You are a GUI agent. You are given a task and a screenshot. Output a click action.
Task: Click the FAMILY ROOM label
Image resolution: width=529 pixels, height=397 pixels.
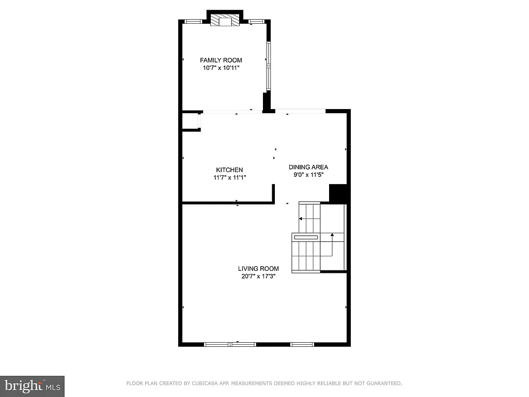click(x=221, y=60)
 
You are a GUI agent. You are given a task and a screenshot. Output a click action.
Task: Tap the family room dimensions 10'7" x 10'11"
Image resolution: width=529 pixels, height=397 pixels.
click(x=221, y=68)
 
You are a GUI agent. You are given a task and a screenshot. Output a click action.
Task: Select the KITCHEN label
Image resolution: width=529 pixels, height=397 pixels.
click(x=229, y=170)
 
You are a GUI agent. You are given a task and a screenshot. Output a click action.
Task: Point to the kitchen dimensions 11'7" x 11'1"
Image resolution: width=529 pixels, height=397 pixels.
click(x=229, y=177)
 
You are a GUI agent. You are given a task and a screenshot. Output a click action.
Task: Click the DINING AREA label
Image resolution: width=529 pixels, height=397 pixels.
click(x=308, y=167)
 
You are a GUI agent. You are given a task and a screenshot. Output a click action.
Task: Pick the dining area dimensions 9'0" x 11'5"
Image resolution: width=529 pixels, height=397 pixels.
click(x=308, y=175)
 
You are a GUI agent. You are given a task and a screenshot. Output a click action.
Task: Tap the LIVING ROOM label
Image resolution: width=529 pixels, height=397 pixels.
click(x=258, y=269)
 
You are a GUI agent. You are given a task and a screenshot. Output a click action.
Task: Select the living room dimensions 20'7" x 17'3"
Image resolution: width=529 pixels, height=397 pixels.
click(x=258, y=276)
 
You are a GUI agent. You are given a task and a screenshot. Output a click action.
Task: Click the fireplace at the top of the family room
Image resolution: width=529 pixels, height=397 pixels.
click(x=225, y=20)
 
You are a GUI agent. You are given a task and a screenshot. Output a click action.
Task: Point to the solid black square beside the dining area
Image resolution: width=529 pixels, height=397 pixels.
click(x=339, y=193)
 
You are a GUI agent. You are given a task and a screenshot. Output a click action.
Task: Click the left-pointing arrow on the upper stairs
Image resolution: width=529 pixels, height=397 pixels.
click(x=301, y=219)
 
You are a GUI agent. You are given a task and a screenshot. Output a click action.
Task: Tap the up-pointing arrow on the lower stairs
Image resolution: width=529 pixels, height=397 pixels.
click(x=332, y=235)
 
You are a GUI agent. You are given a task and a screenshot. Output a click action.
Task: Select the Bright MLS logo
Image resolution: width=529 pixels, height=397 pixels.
click(x=32, y=386)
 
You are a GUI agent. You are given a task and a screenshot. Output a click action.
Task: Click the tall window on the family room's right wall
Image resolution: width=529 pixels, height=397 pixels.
click(x=268, y=65)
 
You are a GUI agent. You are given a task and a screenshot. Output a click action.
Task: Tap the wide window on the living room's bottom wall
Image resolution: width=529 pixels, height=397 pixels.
click(x=230, y=344)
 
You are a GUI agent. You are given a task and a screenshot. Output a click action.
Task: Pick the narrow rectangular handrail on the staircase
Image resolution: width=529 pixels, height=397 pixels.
click(x=306, y=237)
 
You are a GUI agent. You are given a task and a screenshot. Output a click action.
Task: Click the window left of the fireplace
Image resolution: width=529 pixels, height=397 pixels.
click(x=193, y=21)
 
